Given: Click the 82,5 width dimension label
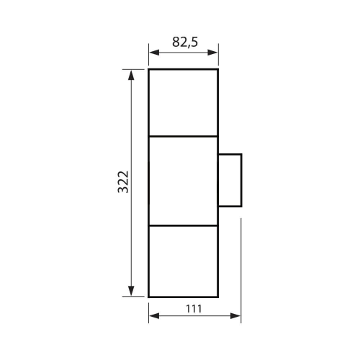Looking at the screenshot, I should click(185, 42).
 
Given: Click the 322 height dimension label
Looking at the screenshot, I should click(122, 183).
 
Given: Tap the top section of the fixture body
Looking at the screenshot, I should click(183, 102).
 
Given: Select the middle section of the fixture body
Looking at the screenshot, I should click(183, 181).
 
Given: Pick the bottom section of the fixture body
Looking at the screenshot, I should click(183, 261).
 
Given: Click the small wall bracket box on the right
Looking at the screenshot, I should click(230, 181).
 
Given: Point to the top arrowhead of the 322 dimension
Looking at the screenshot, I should click(131, 74).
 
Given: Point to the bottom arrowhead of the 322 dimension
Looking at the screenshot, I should click(131, 291).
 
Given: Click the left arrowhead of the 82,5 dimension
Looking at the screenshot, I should click(153, 52).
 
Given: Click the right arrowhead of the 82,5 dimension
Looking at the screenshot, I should click(214, 52).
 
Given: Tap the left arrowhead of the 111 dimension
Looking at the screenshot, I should click(153, 316).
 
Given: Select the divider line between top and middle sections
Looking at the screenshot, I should click(183, 136).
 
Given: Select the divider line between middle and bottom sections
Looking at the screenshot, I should click(183, 226).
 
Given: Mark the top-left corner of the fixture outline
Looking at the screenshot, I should click(148, 69).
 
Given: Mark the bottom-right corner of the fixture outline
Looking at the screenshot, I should click(218, 296).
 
